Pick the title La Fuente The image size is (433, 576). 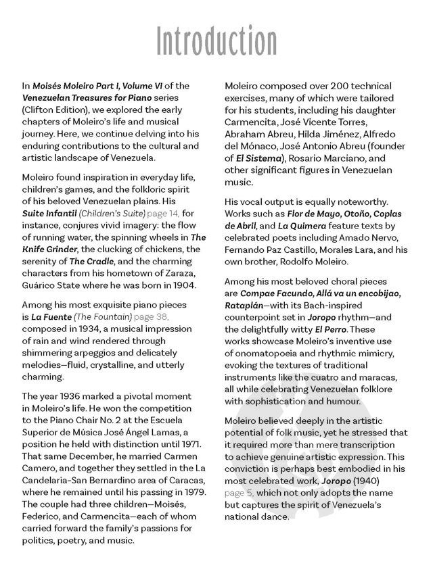[51, 316]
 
